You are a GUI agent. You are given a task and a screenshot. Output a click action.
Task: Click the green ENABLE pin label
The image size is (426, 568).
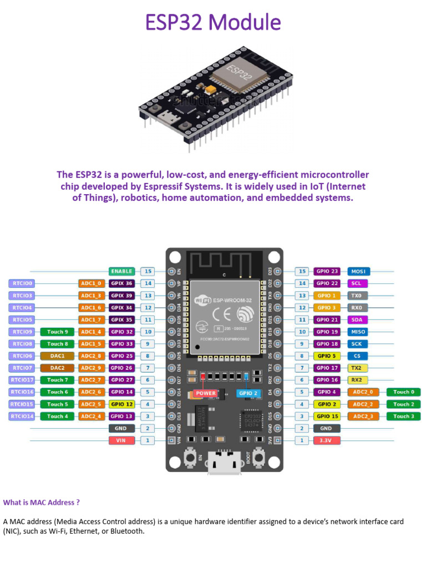click(121, 271)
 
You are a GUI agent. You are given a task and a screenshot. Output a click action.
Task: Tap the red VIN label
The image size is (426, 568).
click(121, 440)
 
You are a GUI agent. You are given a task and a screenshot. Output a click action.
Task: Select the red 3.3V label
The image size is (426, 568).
click(326, 440)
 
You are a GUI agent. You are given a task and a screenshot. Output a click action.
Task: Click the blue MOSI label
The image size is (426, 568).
click(358, 271)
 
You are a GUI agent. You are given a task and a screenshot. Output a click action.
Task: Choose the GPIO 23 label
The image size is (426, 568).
click(326, 271)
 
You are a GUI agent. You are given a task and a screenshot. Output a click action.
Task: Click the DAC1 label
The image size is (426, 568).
click(58, 356)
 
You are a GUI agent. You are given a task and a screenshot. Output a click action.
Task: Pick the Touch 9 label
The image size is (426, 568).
click(58, 332)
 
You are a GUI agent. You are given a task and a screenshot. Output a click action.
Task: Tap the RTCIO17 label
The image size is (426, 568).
click(22, 380)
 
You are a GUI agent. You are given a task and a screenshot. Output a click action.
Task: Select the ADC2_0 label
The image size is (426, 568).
click(363, 392)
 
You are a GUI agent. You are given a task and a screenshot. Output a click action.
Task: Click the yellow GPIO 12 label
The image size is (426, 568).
click(121, 404)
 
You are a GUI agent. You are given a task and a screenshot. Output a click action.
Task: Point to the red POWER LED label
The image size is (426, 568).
click(206, 393)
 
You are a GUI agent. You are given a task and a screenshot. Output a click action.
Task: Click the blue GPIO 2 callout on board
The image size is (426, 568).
click(247, 393)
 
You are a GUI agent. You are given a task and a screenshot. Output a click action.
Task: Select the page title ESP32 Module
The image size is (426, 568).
click(213, 23)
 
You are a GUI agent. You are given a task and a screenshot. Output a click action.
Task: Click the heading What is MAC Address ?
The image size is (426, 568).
click(42, 503)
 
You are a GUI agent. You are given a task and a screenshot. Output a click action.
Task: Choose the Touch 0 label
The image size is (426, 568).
click(404, 392)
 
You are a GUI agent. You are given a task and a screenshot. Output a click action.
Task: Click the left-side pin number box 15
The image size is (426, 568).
click(148, 271)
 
